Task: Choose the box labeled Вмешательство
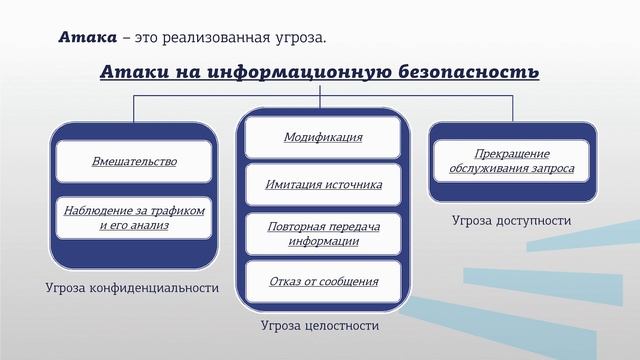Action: (134, 161)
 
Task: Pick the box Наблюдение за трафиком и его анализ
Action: (134, 218)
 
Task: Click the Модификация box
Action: (322, 137)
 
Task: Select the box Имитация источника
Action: (322, 185)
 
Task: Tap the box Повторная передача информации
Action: (322, 233)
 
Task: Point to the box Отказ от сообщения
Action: (322, 281)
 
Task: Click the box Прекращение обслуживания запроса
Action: (512, 161)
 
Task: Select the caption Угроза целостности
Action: (320, 325)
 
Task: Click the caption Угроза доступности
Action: (511, 220)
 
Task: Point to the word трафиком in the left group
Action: (178, 211)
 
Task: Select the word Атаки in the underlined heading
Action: (129, 73)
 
